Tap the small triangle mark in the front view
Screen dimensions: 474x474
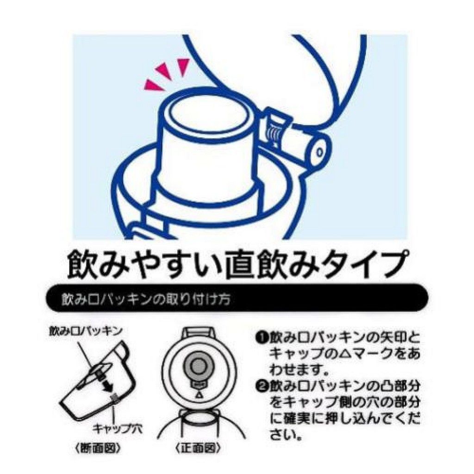(198, 395)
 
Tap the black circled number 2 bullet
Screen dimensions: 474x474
(260, 386)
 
